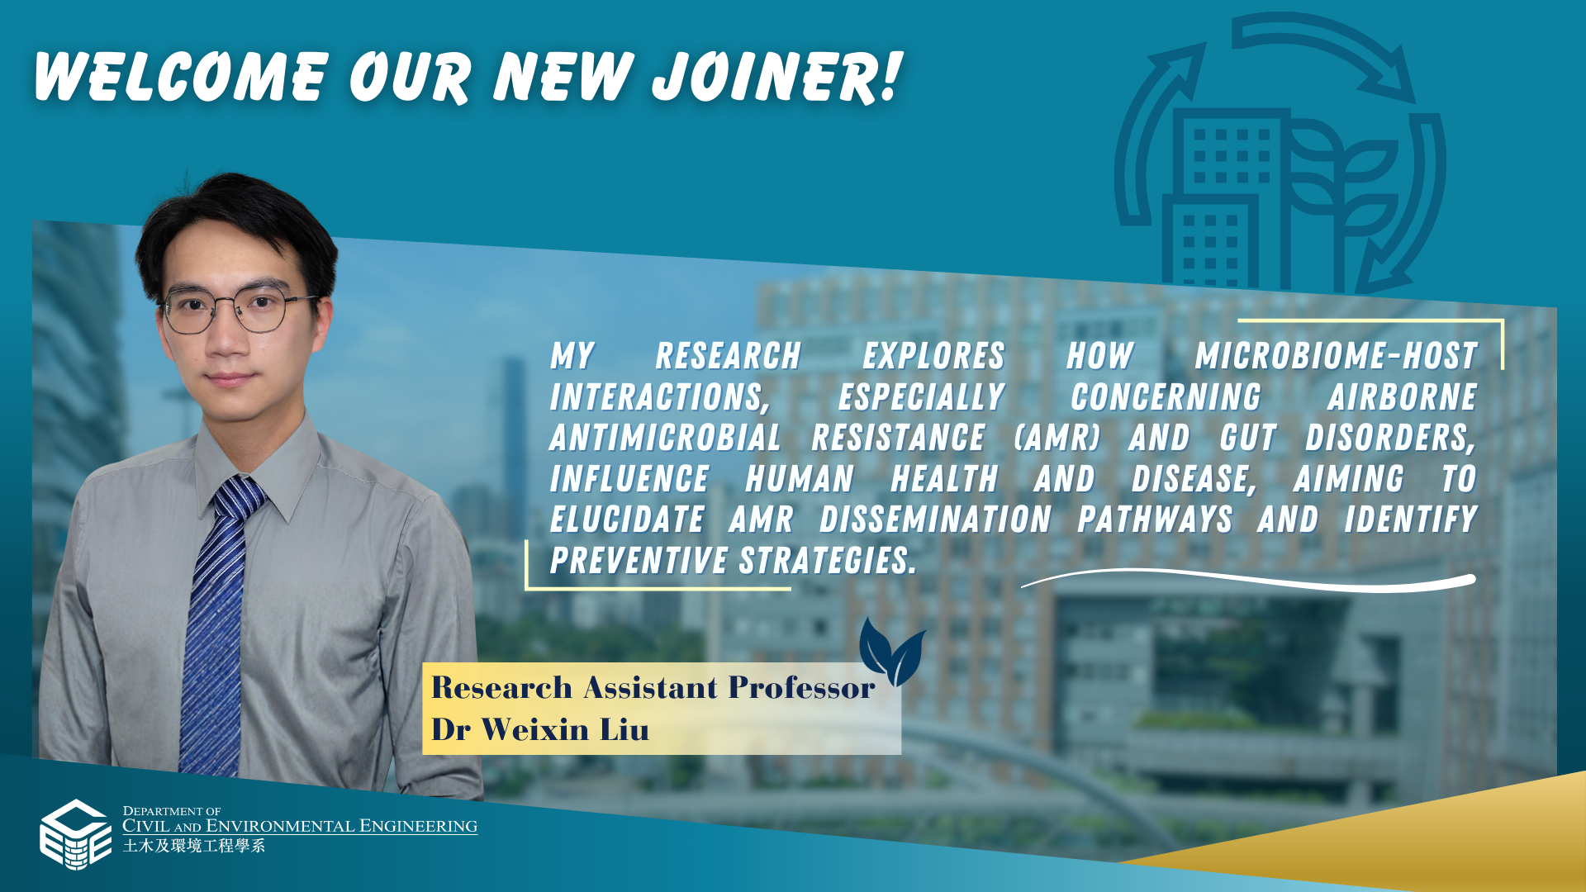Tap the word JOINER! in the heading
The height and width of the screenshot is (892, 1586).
tap(776, 77)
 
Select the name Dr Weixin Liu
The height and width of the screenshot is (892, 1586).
tap(540, 729)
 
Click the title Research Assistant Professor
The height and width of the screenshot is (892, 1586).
tap(653, 687)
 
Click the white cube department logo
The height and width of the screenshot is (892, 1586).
tap(75, 834)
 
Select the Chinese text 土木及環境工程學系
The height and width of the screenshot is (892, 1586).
tap(194, 846)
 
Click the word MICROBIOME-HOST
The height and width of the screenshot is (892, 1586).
tap(1336, 356)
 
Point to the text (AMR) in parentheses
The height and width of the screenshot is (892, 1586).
tap(1057, 438)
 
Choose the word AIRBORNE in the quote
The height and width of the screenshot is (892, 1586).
tap(1402, 397)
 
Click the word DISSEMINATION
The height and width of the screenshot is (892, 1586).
tap(935, 520)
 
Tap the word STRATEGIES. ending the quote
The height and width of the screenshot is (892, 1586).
tap(828, 561)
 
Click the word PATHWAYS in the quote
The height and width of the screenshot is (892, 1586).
tap(1155, 520)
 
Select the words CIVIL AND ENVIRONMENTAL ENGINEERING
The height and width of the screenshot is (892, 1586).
tap(300, 826)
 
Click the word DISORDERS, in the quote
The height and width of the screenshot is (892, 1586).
tap(1390, 438)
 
